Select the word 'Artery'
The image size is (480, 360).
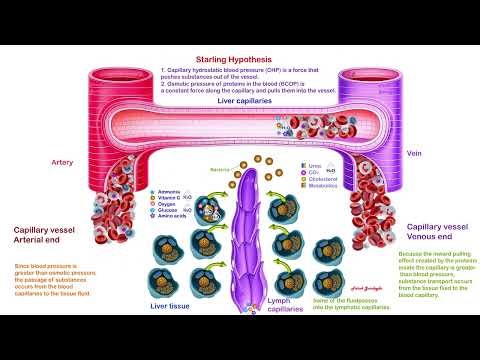tap(62, 161)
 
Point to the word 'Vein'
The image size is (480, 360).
tap(415, 154)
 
